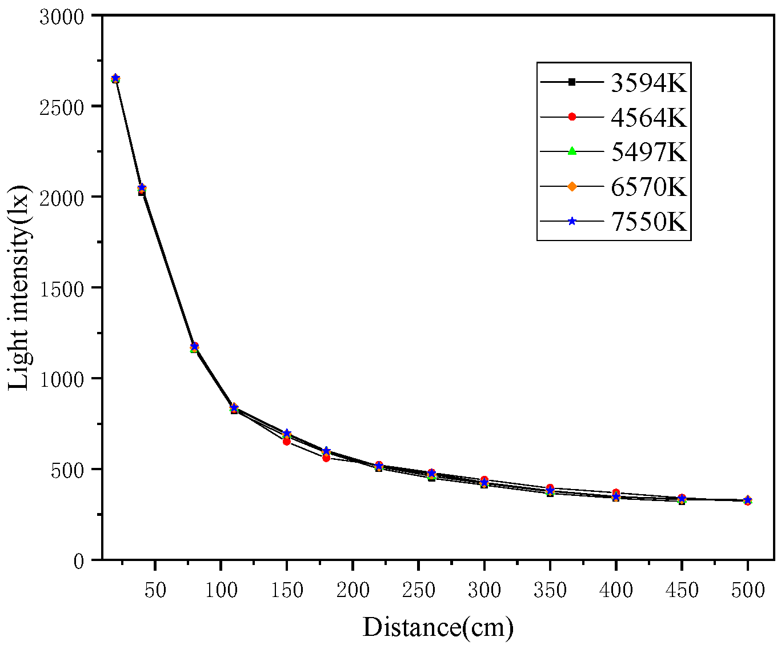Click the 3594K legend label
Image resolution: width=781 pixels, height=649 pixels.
point(648,83)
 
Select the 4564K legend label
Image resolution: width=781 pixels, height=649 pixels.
point(648,117)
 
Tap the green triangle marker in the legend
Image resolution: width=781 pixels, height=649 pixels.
point(572,152)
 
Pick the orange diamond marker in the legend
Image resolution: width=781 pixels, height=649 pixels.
point(572,186)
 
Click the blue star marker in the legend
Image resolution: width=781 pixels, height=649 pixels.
point(572,221)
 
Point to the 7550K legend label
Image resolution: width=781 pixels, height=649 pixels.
point(648,222)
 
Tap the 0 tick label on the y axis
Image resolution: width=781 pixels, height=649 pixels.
point(79,561)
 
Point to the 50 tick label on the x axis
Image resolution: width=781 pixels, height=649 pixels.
point(155,590)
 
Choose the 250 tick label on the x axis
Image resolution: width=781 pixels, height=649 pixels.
point(419,590)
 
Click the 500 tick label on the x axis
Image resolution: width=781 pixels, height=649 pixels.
point(748,590)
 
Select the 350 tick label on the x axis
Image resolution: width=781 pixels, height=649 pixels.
point(550,590)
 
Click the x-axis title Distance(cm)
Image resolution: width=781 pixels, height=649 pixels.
point(438,628)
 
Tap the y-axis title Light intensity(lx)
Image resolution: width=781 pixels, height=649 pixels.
point(19,288)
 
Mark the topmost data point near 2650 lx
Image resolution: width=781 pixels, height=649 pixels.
point(115,78)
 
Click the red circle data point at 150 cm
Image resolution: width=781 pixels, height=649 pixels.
point(287,441)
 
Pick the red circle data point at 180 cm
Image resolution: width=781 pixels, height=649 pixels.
point(326,458)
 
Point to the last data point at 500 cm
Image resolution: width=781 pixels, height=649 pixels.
point(747,500)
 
